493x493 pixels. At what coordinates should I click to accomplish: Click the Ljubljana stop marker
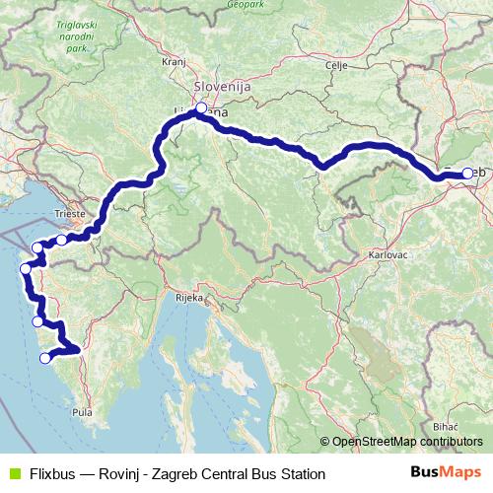201,108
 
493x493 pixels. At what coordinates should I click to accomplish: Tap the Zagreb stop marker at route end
467,174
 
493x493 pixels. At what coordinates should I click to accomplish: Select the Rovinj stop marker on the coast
43,359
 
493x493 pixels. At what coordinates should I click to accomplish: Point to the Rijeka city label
188,296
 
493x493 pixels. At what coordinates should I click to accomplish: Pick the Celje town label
337,65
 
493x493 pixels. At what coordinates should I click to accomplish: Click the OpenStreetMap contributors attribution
407,442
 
